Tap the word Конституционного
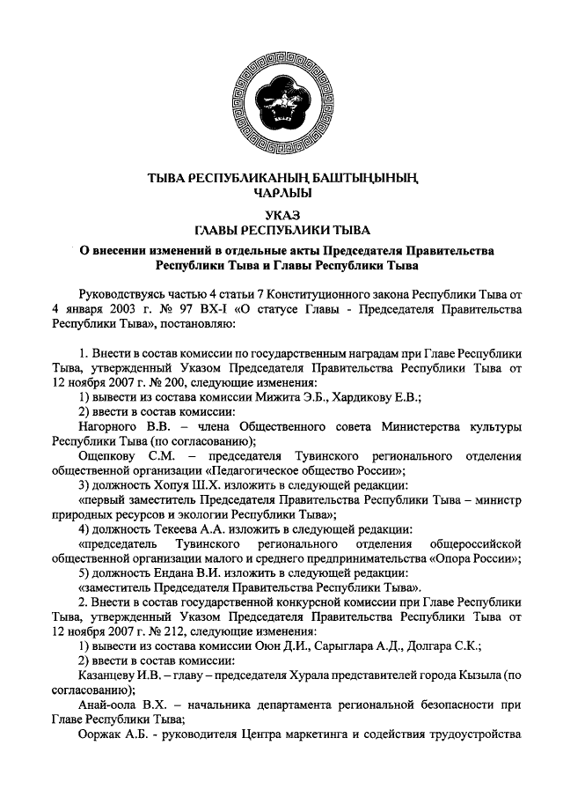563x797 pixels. pyautogui.click(x=325, y=291)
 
